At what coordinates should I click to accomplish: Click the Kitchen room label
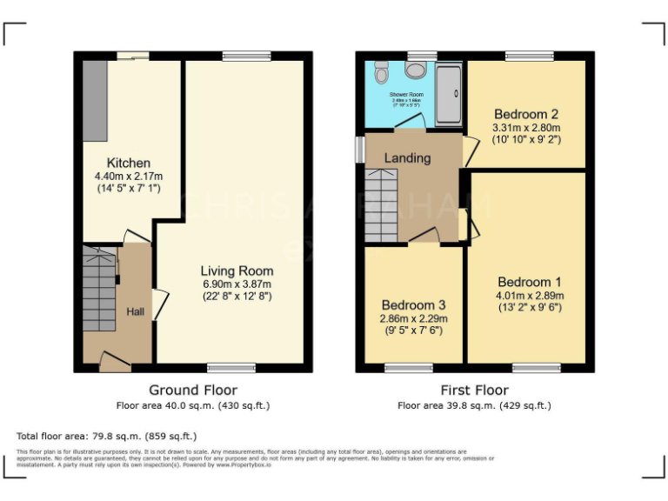point(128,163)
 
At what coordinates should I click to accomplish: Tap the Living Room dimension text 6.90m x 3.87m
point(237,284)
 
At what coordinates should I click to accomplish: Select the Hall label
point(137,311)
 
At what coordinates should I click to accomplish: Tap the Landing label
point(407,158)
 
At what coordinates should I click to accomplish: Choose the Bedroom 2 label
point(526,114)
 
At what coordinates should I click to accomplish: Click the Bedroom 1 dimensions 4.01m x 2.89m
point(530,295)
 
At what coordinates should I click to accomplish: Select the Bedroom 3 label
point(413,305)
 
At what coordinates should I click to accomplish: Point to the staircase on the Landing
point(379,206)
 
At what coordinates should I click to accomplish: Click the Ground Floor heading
point(193,390)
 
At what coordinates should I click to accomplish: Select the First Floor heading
point(474,390)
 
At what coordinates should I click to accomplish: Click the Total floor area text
point(107,436)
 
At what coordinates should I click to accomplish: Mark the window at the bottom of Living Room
point(231,368)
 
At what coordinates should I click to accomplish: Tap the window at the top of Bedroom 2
point(530,56)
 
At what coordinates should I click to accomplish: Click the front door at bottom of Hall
point(114,365)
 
